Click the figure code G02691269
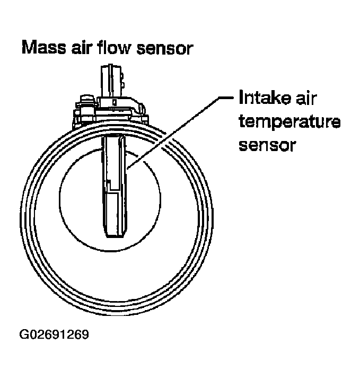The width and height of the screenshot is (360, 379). click(x=54, y=335)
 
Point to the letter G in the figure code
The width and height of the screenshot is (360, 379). click(x=24, y=335)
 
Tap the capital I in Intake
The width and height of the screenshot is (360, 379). click(x=242, y=99)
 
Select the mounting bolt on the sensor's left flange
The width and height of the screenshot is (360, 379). click(x=84, y=99)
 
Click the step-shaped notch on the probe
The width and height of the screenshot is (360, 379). click(x=108, y=184)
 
